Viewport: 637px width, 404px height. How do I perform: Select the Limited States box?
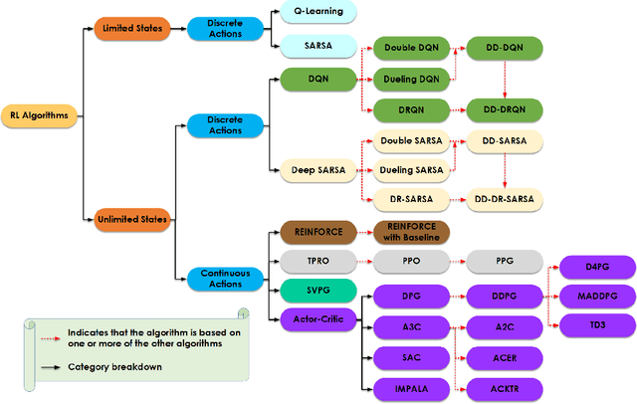click(x=133, y=29)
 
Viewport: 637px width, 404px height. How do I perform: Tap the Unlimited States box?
click(x=133, y=217)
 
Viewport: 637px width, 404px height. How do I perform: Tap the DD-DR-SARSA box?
click(x=505, y=200)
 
